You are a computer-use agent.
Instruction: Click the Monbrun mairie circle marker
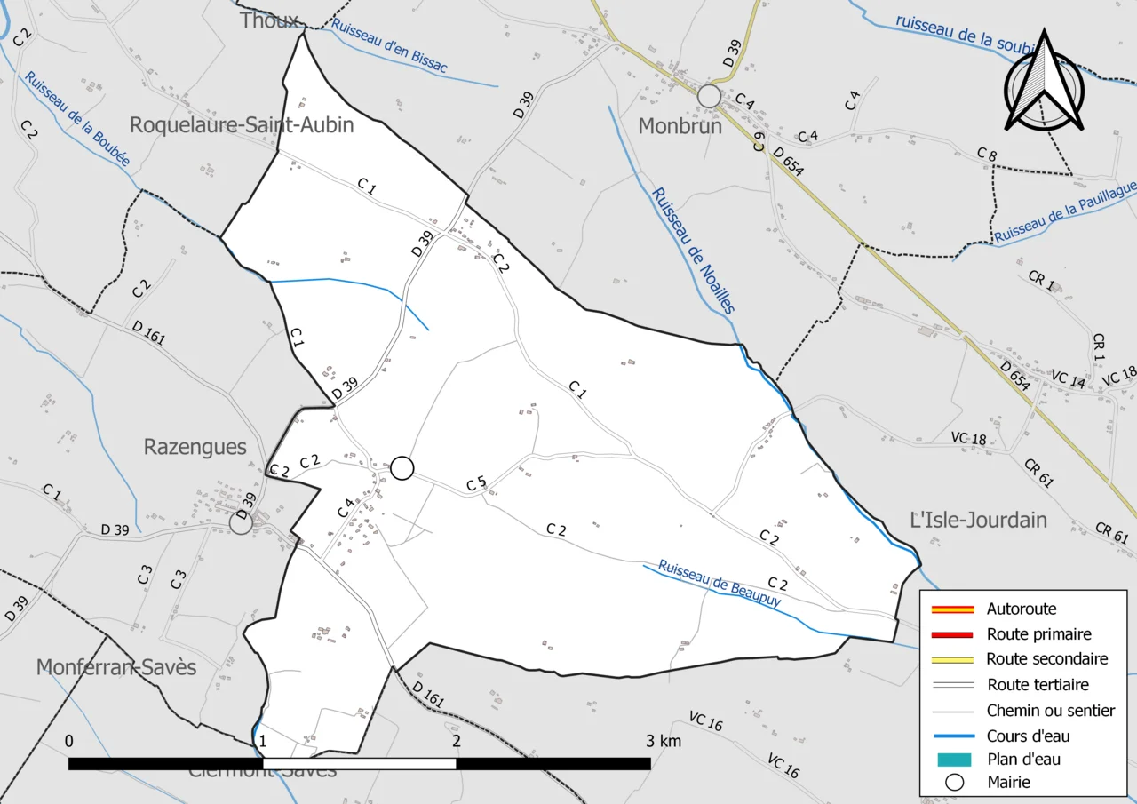point(709,95)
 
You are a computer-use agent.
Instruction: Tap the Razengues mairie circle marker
point(241,522)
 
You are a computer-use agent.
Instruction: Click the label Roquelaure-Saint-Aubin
point(242,125)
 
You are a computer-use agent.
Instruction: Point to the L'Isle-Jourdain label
point(980,520)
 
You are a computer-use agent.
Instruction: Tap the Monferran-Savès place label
point(116,667)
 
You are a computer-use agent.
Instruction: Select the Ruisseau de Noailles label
point(693,251)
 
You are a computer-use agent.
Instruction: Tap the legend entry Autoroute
point(1022,609)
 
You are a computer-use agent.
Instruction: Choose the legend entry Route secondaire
point(1046,659)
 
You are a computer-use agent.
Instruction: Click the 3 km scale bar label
point(664,741)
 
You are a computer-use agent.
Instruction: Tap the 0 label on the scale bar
point(69,741)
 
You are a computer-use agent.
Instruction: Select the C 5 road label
point(477,484)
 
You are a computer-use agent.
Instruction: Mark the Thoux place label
point(269,20)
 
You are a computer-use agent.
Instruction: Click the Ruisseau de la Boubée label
point(77,119)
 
